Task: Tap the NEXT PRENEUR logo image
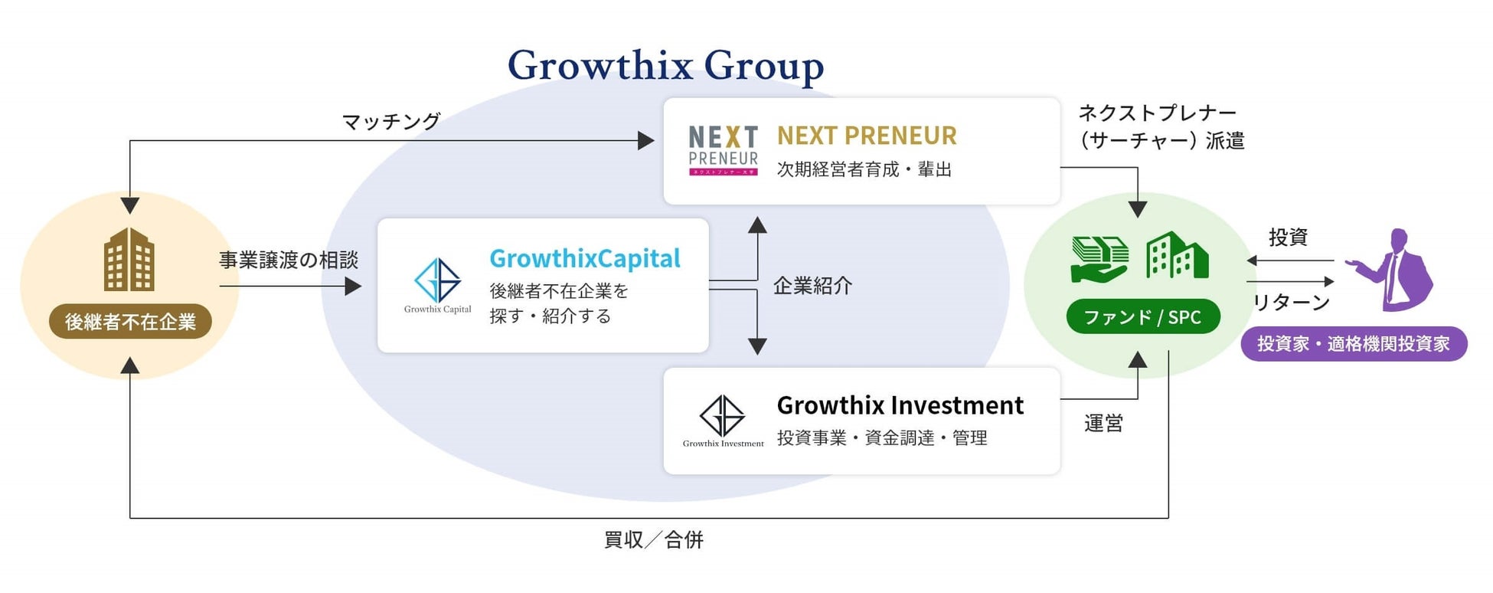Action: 723,150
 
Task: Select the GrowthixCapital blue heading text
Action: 585,259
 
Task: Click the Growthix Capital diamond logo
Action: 437,281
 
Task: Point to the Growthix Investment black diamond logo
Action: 722,416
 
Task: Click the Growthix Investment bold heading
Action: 900,405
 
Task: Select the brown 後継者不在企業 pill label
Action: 130,322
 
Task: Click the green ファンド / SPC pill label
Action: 1142,317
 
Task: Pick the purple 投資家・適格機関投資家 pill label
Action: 1353,344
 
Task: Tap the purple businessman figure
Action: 1393,270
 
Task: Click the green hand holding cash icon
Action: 1099,259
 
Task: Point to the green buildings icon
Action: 1177,256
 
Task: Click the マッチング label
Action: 391,121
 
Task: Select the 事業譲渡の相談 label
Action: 289,260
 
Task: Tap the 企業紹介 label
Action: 812,286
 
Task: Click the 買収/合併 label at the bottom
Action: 653,540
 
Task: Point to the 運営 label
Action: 1103,423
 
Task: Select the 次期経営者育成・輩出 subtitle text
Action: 864,169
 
